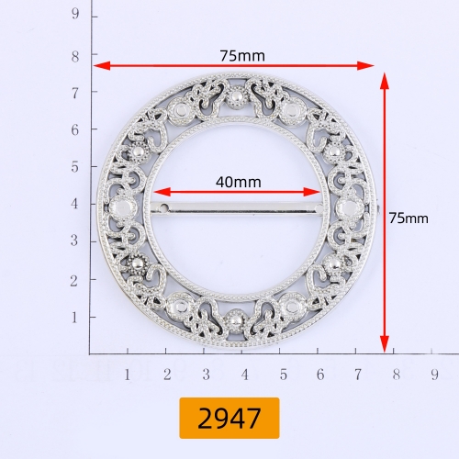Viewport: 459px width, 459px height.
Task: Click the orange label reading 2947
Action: pyautogui.click(x=229, y=418)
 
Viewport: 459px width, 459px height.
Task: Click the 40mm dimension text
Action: pyautogui.click(x=239, y=183)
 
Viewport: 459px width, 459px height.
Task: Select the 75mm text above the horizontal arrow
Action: pyautogui.click(x=242, y=56)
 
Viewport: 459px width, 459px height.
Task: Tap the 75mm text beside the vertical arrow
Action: pyautogui.click(x=409, y=218)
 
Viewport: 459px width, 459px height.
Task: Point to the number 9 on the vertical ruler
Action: pyautogui.click(x=75, y=14)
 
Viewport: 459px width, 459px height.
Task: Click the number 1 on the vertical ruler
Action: pyautogui.click(x=74, y=318)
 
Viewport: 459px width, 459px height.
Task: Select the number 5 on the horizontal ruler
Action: pyautogui.click(x=284, y=375)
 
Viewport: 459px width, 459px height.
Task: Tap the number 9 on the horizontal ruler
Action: pyautogui.click(x=434, y=375)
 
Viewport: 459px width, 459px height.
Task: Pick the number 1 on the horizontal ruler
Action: pyautogui.click(x=128, y=375)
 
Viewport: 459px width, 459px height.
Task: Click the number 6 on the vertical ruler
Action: pyautogui.click(x=75, y=130)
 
